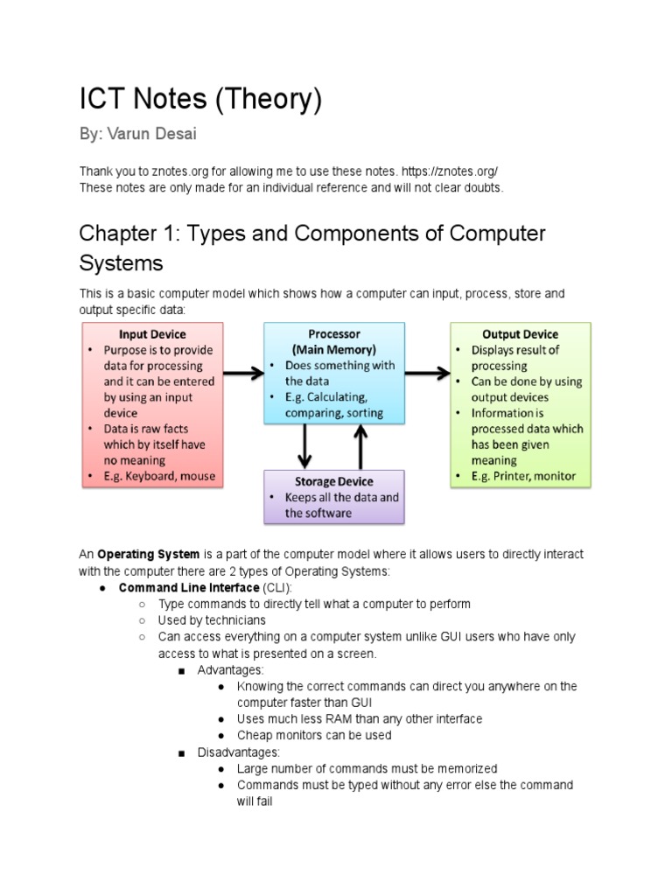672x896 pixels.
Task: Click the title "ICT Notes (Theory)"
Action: click(x=200, y=101)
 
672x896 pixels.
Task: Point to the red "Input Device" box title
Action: click(x=152, y=334)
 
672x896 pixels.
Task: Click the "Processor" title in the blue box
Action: click(x=333, y=334)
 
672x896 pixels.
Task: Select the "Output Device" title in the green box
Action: click(x=520, y=334)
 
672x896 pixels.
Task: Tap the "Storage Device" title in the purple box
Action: click(x=333, y=481)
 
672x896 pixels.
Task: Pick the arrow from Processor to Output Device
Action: click(x=427, y=374)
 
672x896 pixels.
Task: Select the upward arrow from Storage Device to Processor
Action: click(x=361, y=446)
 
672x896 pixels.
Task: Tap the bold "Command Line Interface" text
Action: click(x=189, y=587)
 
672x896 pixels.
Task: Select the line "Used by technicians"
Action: click(x=212, y=620)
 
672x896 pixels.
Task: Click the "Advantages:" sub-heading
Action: click(x=230, y=670)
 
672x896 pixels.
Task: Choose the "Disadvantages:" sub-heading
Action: click(x=238, y=752)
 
